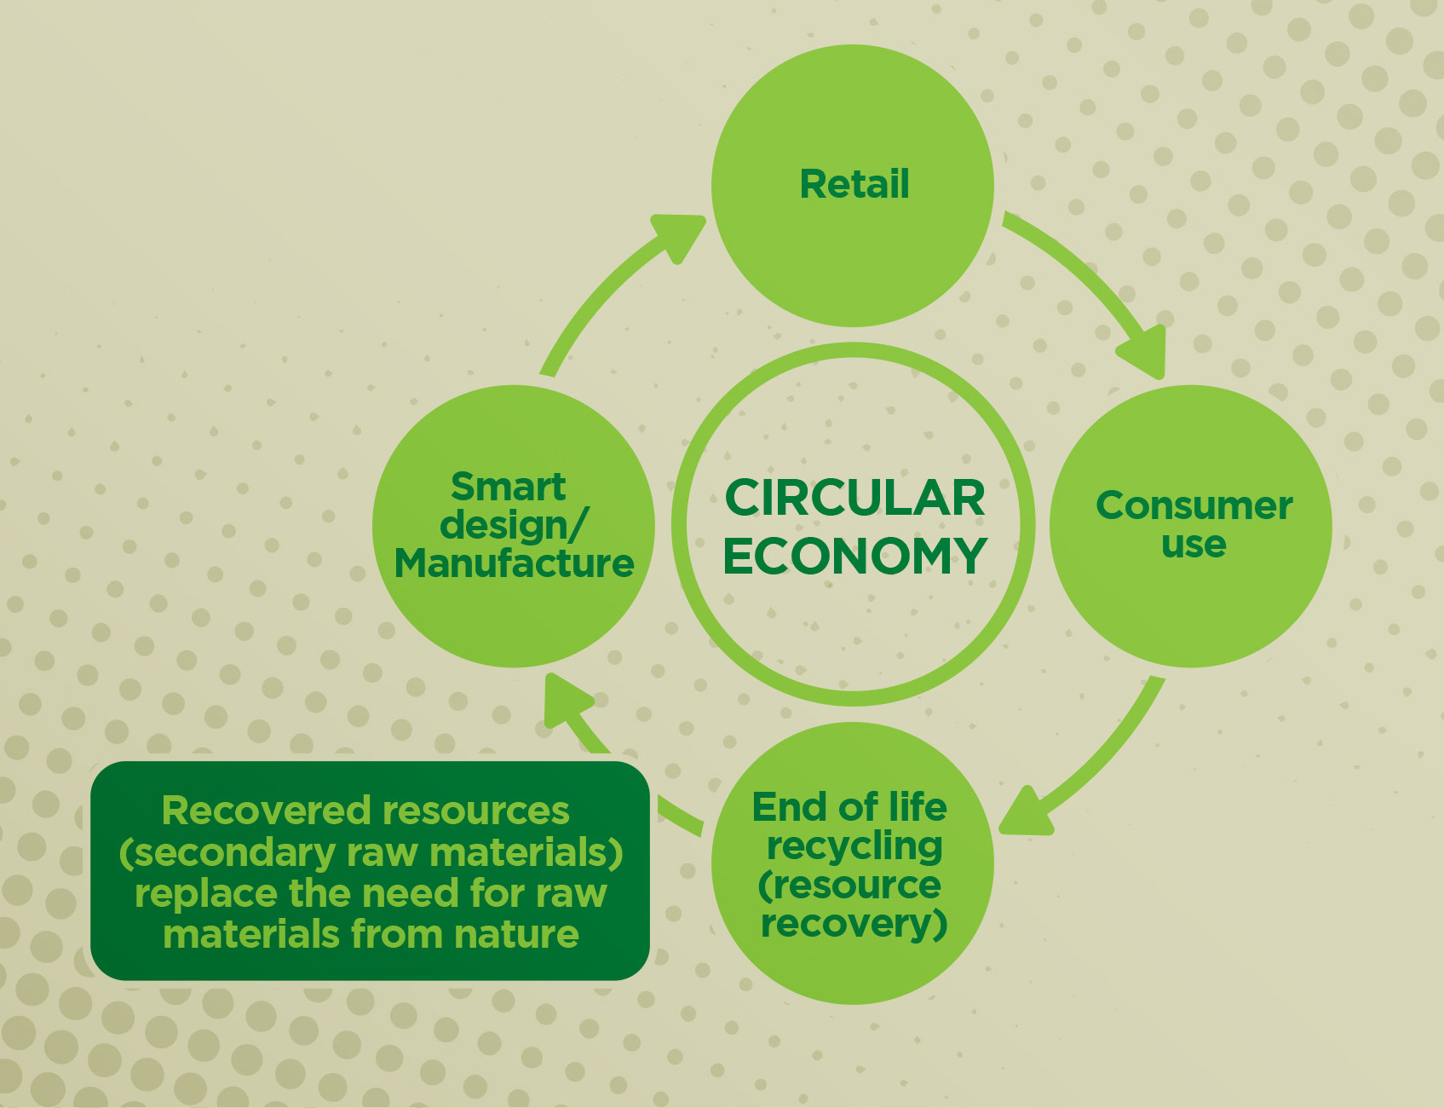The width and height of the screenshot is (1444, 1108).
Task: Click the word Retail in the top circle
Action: pyautogui.click(x=854, y=184)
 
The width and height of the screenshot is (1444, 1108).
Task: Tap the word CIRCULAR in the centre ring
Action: pyautogui.click(x=854, y=498)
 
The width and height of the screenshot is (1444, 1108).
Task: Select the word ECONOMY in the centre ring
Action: pyautogui.click(x=854, y=556)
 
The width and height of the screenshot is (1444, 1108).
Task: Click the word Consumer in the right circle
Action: pyautogui.click(x=1194, y=505)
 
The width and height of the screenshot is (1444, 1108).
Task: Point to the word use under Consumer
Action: pyautogui.click(x=1194, y=544)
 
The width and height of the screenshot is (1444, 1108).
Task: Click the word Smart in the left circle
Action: pyautogui.click(x=508, y=487)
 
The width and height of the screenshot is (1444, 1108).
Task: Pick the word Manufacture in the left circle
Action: pyautogui.click(x=514, y=563)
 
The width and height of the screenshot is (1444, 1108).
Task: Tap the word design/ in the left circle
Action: pyautogui.click(x=512, y=525)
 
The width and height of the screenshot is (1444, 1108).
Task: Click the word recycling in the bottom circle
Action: pyautogui.click(x=854, y=846)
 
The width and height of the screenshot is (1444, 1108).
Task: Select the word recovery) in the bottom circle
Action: pyautogui.click(x=854, y=923)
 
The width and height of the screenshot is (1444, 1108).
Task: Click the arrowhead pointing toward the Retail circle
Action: pyautogui.click(x=679, y=235)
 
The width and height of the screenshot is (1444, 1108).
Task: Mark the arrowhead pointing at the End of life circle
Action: pyautogui.click(x=1025, y=813)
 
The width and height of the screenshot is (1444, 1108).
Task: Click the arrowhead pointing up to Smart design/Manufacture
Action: pyautogui.click(x=566, y=701)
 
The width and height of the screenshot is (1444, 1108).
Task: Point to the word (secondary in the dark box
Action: pyautogui.click(x=227, y=852)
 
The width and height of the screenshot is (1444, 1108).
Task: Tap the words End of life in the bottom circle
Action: pyautogui.click(x=849, y=806)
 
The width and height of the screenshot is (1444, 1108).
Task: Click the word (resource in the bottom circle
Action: pyautogui.click(x=849, y=885)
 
